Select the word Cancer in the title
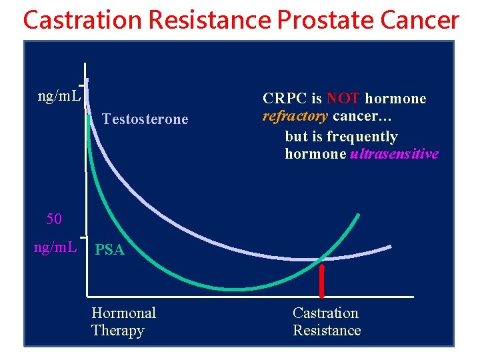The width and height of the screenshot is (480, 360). coord(419,21)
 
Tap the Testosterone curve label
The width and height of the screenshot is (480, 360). coord(145,119)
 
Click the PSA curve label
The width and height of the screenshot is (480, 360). coord(109,250)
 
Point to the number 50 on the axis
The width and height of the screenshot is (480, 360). coord(54,219)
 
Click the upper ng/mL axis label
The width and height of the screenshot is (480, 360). coord(60,96)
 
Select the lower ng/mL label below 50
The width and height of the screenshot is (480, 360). coord(56,247)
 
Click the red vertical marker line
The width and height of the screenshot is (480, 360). coord(322,281)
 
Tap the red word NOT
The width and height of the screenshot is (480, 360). coord(343,99)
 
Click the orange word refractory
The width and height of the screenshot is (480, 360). coord(295,116)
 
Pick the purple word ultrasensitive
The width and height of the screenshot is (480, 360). coord(394,154)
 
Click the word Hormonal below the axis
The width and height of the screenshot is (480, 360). coord(123,313)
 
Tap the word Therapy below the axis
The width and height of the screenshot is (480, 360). coord(117,331)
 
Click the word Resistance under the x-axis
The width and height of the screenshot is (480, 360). coord(327,331)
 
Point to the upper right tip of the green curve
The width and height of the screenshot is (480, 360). coord(359,215)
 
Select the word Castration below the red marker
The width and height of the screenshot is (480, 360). coord(325,313)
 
